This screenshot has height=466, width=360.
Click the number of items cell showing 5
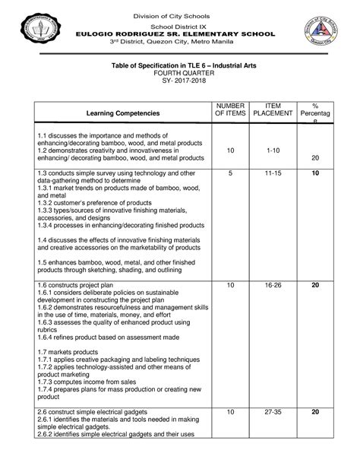pos(230,174)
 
